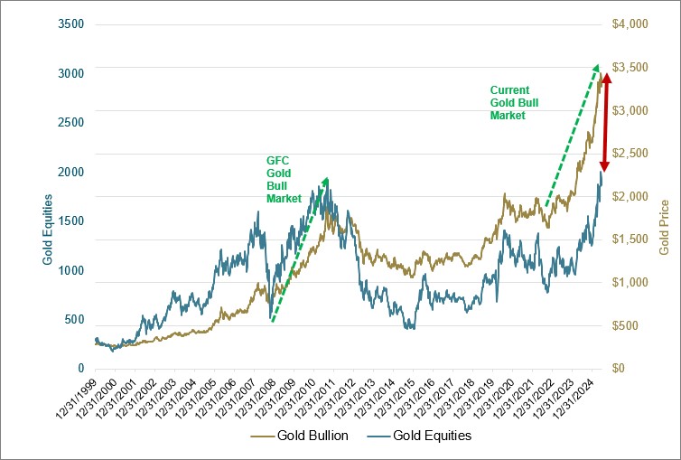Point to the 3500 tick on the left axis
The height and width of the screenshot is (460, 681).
[x=70, y=24]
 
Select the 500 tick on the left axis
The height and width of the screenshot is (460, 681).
[x=74, y=320]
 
